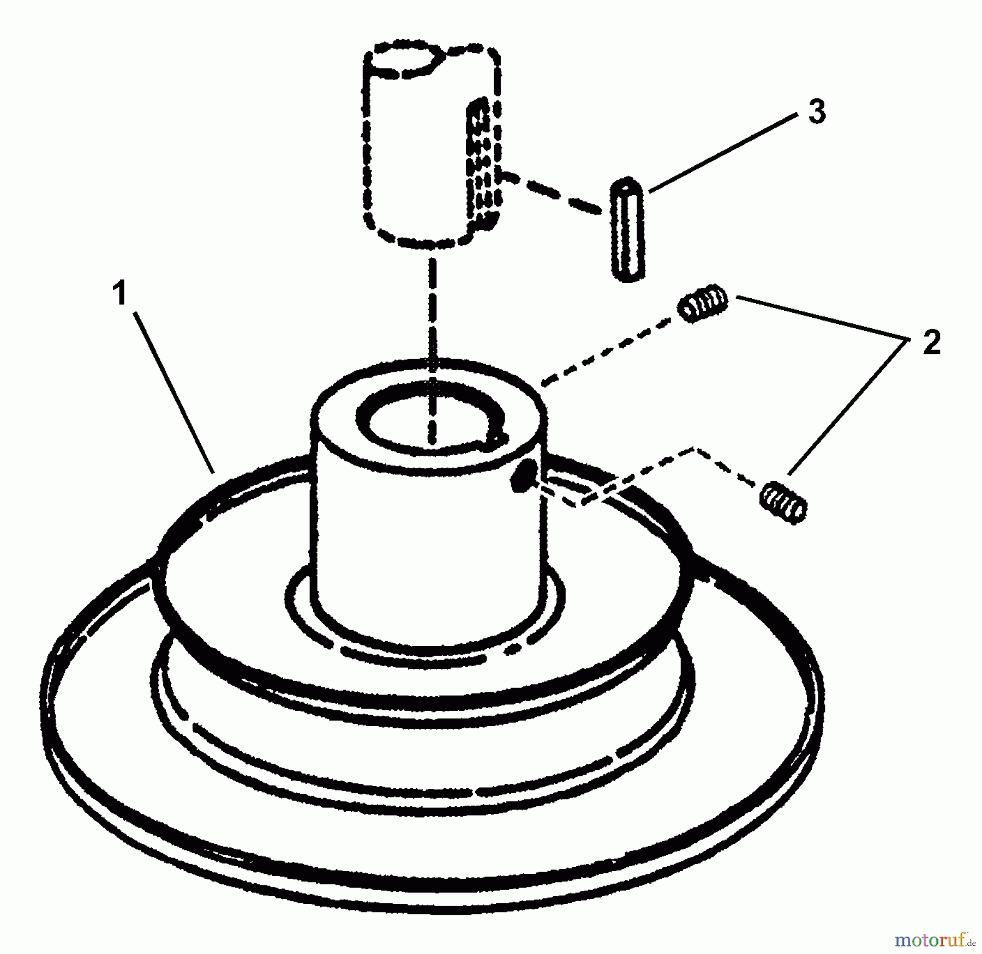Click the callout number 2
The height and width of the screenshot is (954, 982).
pos(932,343)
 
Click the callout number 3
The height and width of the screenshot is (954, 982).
pos(816,112)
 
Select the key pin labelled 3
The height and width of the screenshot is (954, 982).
pos(628,230)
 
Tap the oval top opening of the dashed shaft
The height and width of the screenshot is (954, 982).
pos(407,61)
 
